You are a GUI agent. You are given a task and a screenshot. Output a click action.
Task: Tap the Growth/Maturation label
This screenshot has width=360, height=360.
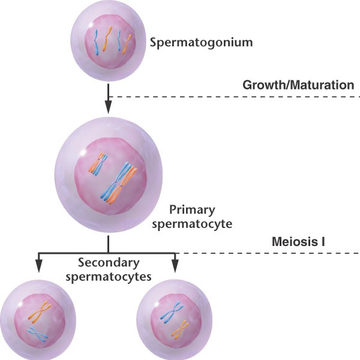point(298,85)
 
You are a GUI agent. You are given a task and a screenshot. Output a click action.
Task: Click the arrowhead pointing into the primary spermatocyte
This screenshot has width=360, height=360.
point(108,108)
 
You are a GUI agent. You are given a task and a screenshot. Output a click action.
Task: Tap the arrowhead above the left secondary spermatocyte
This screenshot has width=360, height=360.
point(39,268)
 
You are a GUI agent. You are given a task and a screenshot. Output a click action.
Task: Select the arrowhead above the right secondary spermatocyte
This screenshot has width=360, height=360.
point(175,268)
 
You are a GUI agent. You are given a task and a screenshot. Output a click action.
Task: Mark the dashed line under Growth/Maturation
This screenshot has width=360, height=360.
point(234,97)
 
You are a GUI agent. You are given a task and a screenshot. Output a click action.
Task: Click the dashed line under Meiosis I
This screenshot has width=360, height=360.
point(270,253)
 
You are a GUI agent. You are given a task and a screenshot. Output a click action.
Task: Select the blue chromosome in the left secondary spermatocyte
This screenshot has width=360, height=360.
point(38,332)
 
